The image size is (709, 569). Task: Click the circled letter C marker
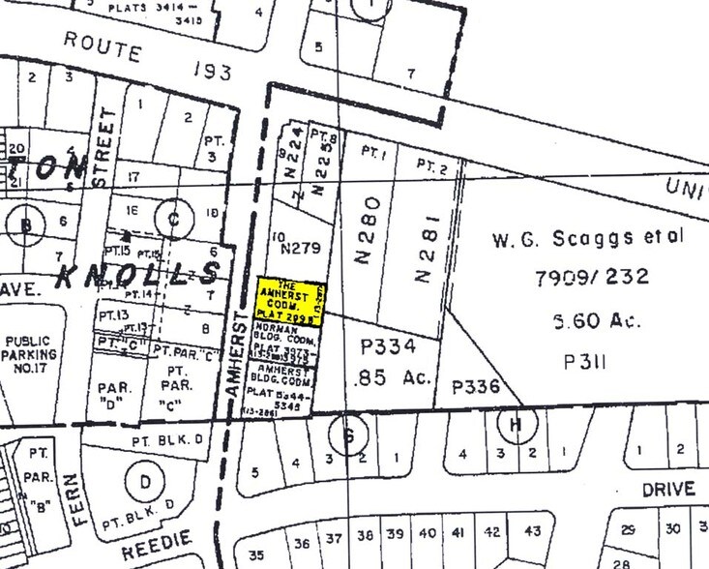pyautogui.click(x=174, y=218)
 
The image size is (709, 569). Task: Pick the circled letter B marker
pyautogui.click(x=27, y=227)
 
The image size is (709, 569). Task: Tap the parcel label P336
pyautogui.click(x=477, y=387)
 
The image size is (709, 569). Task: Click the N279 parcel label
pyautogui.click(x=300, y=250)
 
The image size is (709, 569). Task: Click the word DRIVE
pyautogui.click(x=668, y=490)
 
